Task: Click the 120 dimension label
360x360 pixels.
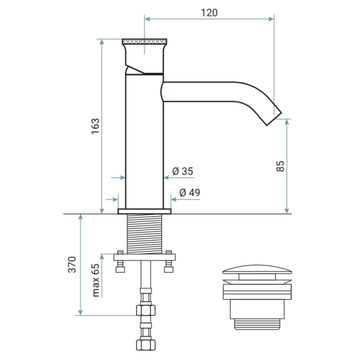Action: [x=209, y=13]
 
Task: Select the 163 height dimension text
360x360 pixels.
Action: [x=96, y=126]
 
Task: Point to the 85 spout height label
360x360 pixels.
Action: [x=280, y=166]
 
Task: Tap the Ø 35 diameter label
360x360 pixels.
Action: [x=183, y=171]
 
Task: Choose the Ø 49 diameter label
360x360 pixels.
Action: [x=190, y=193]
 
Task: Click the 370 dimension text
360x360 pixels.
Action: [x=72, y=264]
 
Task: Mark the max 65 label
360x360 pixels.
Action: [x=96, y=280]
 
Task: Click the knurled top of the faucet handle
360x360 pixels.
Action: [x=145, y=42]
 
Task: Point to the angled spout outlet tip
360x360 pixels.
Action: [x=274, y=119]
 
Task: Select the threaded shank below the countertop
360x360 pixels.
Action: [x=145, y=234]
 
